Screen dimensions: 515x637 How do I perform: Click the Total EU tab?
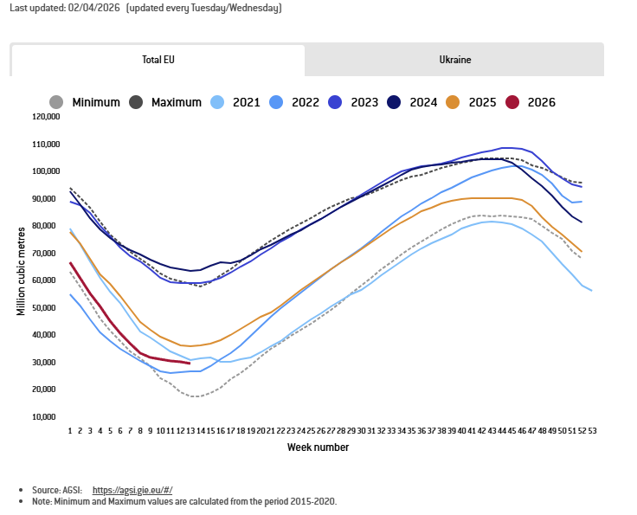point(158,61)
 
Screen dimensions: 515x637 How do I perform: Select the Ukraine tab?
point(454,61)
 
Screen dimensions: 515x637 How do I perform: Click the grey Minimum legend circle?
point(57,102)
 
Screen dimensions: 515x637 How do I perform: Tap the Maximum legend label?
point(176,102)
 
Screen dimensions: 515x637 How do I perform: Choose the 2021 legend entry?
point(246,102)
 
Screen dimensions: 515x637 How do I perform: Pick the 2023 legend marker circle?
point(335,102)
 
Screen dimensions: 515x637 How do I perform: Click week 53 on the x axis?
point(592,430)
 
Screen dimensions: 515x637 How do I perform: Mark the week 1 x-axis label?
point(70,430)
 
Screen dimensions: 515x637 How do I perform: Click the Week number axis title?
point(318,447)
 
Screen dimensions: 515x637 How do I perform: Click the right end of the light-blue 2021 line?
point(592,291)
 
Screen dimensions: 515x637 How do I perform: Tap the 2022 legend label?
point(306,102)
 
